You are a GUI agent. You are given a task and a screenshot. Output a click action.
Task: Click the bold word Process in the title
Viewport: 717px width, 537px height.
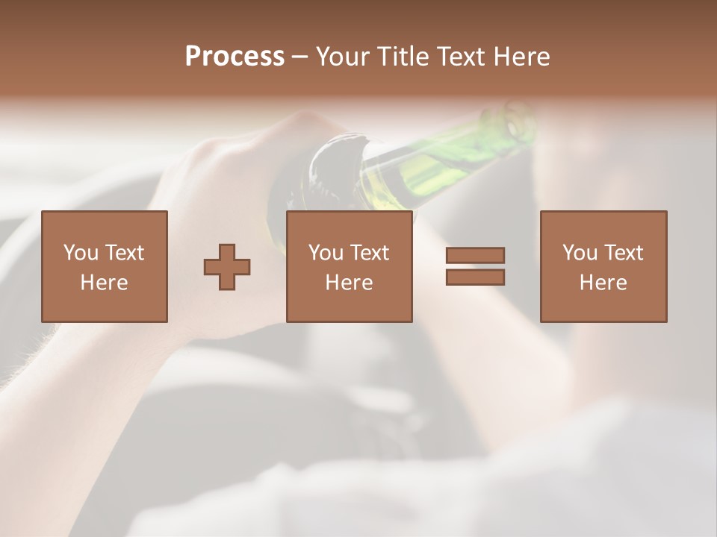[x=235, y=57]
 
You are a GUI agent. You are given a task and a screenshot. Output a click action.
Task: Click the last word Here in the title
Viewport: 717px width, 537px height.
[x=523, y=57]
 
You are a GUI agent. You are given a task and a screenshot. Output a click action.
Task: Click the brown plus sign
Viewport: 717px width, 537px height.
[x=227, y=267]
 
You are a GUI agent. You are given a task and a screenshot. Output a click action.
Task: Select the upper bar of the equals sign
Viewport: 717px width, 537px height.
[x=475, y=255]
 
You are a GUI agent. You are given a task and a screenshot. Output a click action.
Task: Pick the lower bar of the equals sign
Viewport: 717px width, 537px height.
[x=475, y=277]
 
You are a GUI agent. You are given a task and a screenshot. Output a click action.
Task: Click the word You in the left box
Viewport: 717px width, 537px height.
[x=81, y=253]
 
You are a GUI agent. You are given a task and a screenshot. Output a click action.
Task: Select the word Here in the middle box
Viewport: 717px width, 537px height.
[x=349, y=283]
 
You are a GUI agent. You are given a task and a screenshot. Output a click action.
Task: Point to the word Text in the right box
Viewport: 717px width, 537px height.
[x=624, y=253]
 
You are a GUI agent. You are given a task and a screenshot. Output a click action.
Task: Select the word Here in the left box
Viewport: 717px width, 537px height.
[x=105, y=283]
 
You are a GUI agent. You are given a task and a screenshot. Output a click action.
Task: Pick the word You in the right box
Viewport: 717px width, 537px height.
[x=580, y=253]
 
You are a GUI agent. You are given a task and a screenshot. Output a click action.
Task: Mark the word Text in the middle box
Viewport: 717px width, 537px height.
[x=370, y=253]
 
